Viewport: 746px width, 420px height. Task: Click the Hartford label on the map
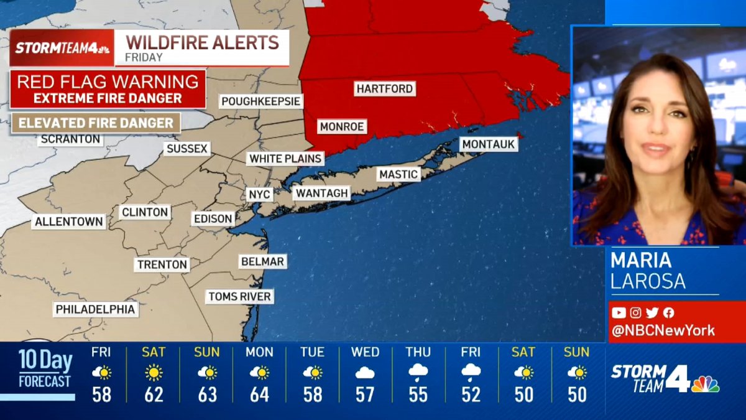(385, 89)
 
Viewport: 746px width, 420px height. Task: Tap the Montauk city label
(489, 144)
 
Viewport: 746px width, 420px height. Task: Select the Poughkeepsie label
(261, 101)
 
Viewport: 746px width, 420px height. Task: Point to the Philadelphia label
(95, 309)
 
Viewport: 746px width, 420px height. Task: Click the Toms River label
(239, 297)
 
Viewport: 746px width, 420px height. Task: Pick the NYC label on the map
(259, 195)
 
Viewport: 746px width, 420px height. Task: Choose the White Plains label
(285, 159)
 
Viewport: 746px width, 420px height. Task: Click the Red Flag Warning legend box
(108, 89)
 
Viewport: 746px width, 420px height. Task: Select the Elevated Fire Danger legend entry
(96, 123)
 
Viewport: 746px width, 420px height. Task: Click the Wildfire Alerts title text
(203, 43)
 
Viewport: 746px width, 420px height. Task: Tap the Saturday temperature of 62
(154, 394)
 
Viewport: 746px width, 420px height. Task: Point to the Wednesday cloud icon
(365, 373)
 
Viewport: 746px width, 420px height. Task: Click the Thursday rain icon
(418, 373)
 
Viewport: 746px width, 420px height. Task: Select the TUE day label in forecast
(312, 352)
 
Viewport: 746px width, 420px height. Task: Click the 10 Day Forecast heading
(44, 368)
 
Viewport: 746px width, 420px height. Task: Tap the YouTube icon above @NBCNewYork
(619, 313)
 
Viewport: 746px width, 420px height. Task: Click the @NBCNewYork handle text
(663, 331)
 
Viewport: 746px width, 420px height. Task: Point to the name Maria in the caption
(641, 260)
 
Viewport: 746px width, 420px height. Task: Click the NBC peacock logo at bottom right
(705, 384)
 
